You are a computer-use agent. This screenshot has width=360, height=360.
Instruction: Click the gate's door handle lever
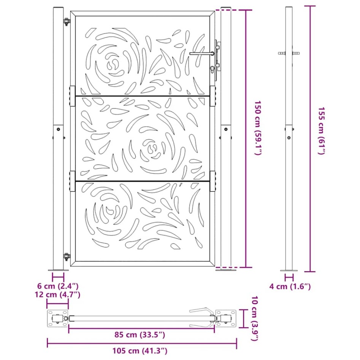pos(201,54)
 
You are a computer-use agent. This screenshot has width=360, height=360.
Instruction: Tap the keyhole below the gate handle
pos(212,70)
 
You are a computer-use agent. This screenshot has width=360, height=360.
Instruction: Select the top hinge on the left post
pos(67,22)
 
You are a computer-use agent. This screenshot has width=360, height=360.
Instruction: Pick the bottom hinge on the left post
pos(67,257)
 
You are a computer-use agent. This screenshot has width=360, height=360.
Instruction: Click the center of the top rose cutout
pos(113,63)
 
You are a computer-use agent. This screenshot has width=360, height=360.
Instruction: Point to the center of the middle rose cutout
pos(152,149)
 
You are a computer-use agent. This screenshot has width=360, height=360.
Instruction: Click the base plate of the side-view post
pos(289,270)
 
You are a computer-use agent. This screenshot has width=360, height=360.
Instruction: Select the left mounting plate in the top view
pos(56,319)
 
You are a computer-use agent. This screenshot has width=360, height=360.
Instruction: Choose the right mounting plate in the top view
pos(227,319)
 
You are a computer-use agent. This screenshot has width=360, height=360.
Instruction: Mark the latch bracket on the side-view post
pos(289,54)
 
